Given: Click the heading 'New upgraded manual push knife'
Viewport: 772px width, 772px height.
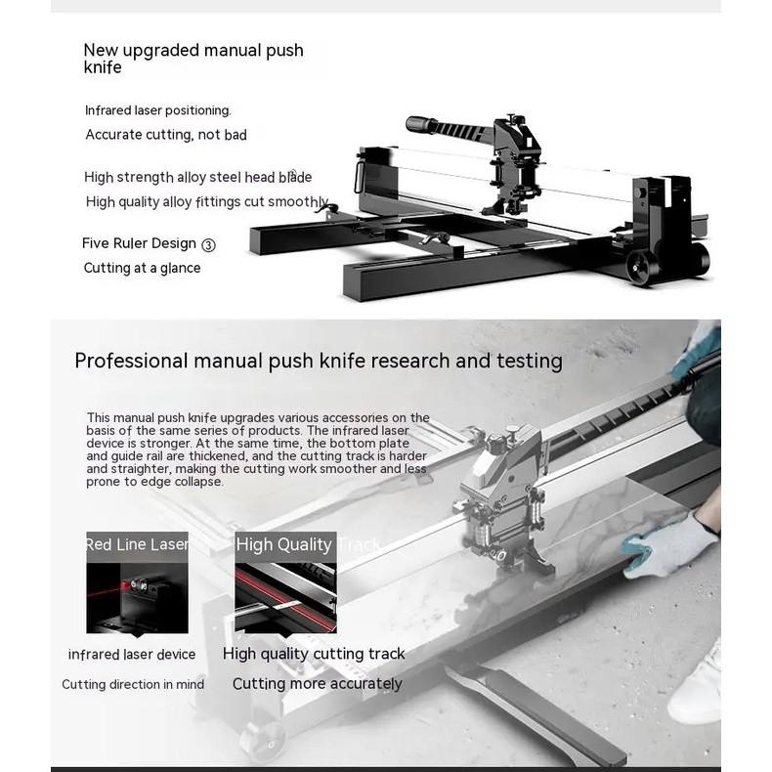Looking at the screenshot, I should click(193, 58).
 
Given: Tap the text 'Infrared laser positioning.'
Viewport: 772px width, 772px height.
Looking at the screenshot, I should click(158, 110).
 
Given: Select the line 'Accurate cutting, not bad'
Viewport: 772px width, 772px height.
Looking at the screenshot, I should click(166, 135).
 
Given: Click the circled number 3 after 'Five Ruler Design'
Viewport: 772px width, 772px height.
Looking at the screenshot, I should click(208, 244).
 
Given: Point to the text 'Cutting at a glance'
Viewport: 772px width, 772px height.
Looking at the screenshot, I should click(142, 268).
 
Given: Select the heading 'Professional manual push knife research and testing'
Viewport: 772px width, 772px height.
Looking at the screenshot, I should click(319, 361).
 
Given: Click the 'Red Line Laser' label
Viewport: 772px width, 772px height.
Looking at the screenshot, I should click(137, 544).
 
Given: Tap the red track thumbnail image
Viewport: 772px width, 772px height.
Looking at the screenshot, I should click(285, 596).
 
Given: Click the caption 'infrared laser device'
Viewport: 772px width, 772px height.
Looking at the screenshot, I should click(132, 655).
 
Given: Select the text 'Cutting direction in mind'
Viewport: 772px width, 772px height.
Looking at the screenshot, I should click(133, 684).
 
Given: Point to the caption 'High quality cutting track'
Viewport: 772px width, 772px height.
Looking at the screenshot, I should click(314, 654).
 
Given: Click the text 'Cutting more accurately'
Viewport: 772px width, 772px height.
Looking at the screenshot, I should click(317, 684).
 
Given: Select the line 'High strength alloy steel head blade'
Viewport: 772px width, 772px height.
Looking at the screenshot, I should click(197, 177).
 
